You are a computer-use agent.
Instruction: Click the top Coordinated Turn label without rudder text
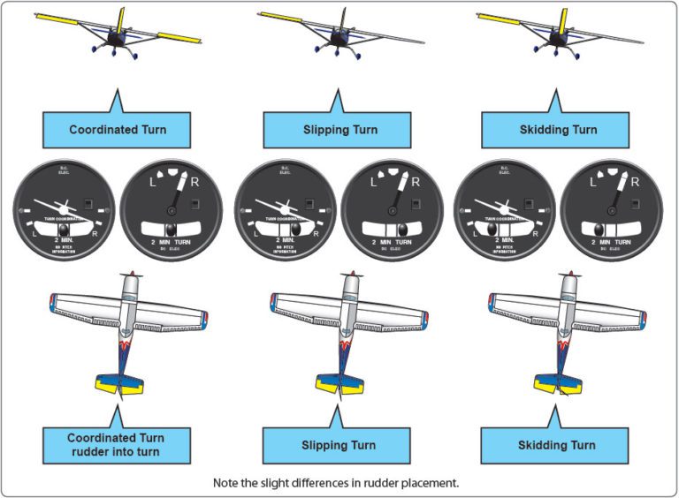click(x=118, y=130)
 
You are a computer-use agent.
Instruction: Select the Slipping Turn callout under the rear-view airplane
click(x=337, y=130)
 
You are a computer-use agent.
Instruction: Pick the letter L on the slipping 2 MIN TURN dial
click(x=375, y=186)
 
